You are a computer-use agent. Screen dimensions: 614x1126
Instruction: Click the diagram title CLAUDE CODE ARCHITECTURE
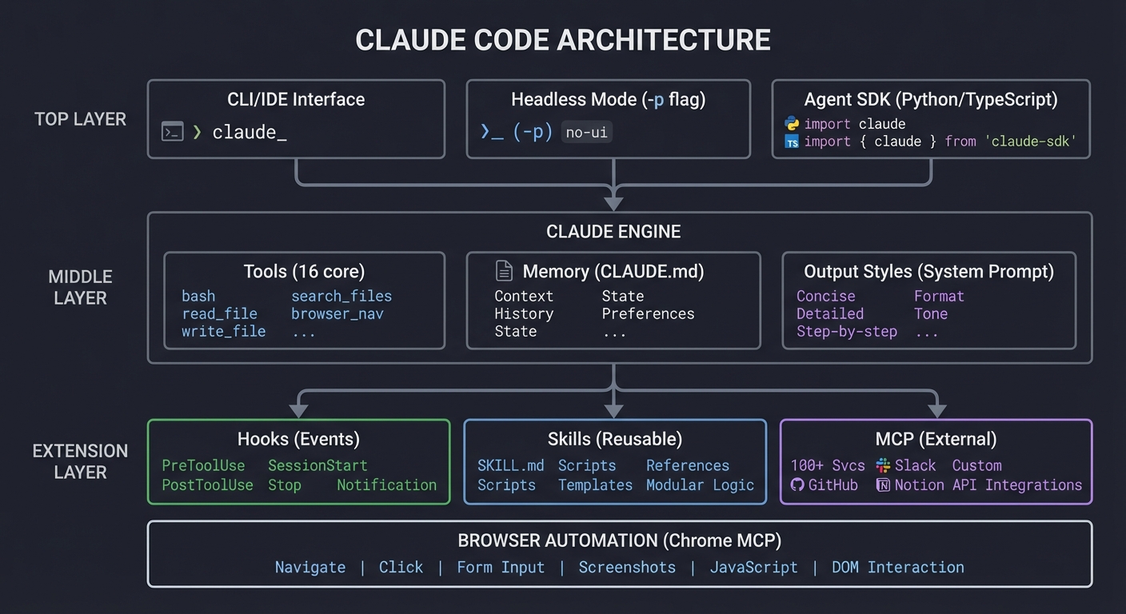tap(562, 40)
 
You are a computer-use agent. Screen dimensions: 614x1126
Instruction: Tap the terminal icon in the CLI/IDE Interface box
tap(173, 132)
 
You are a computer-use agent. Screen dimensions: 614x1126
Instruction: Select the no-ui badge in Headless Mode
tap(586, 133)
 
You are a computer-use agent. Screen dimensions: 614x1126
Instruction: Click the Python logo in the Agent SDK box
tap(792, 124)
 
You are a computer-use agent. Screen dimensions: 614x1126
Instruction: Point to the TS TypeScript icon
tap(792, 142)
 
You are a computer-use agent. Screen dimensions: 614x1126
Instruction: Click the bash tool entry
tap(198, 296)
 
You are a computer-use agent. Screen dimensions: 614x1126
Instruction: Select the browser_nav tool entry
tap(337, 313)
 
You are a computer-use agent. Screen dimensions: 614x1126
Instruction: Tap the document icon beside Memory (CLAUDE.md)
tap(504, 271)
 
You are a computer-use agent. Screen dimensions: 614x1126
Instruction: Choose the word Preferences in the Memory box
tap(648, 313)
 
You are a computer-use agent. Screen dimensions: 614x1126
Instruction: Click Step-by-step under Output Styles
tap(846, 331)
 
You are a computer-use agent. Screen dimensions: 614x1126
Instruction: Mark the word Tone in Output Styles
tap(931, 313)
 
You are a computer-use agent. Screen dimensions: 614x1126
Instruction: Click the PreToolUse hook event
tap(203, 465)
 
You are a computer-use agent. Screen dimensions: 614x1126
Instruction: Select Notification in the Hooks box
tap(386, 484)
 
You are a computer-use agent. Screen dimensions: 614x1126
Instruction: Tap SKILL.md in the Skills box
tap(510, 465)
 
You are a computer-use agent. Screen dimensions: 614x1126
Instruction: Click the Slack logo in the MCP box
tap(883, 465)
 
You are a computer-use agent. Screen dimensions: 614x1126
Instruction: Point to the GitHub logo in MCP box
tap(797, 484)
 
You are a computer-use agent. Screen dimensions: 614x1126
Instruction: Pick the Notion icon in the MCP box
tap(883, 484)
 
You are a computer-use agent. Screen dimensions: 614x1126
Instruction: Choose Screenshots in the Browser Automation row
tap(627, 567)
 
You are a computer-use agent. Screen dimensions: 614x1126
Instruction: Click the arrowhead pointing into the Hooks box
tap(298, 411)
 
